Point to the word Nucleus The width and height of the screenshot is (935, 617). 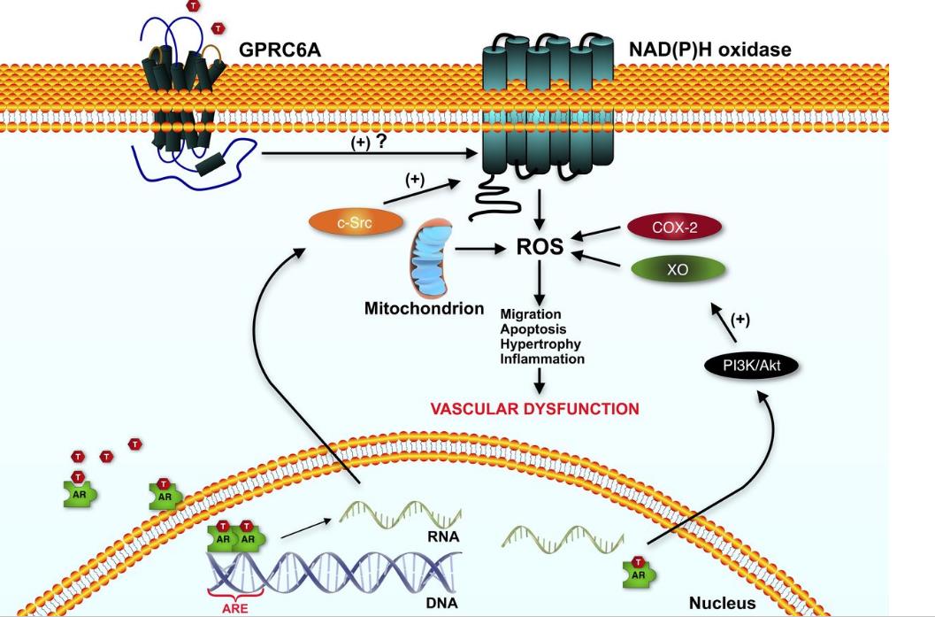723,602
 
